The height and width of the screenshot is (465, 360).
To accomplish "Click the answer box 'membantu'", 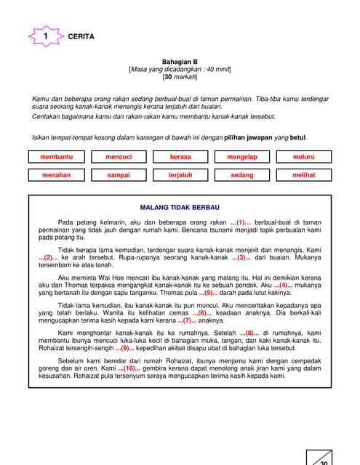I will [x=57, y=156].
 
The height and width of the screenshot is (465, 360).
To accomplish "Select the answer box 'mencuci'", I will [x=119, y=156].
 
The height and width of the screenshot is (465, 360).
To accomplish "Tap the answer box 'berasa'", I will [x=180, y=156].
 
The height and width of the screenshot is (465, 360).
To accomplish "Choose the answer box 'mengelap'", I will [x=242, y=156].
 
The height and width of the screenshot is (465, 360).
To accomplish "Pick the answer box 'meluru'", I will [x=304, y=156].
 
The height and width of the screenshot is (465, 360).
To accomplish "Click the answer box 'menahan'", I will [x=57, y=175].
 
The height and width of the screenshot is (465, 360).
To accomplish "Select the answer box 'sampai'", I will [x=119, y=175].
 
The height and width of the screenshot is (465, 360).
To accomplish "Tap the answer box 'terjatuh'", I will [x=180, y=175].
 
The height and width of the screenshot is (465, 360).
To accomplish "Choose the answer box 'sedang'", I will [x=242, y=175].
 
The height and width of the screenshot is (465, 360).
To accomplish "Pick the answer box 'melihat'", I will [x=304, y=175].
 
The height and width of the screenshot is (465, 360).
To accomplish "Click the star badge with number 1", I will [x=46, y=36].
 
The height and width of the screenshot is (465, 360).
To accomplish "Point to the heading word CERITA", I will [x=81, y=36].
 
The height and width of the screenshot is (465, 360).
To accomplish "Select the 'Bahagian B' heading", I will [x=179, y=62].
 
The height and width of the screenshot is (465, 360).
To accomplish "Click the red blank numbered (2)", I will [x=48, y=258].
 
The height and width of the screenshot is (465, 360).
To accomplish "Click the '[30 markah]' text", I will [x=179, y=77].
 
